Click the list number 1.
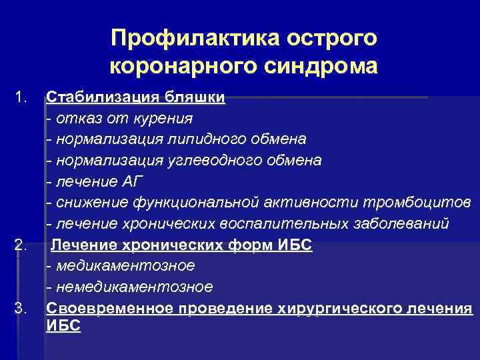click(21, 99)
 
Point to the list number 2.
click(21, 246)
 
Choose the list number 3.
click(21, 308)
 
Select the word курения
click(165, 119)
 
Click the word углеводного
click(202, 161)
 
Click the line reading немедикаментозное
click(130, 287)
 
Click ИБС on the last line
click(63, 326)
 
